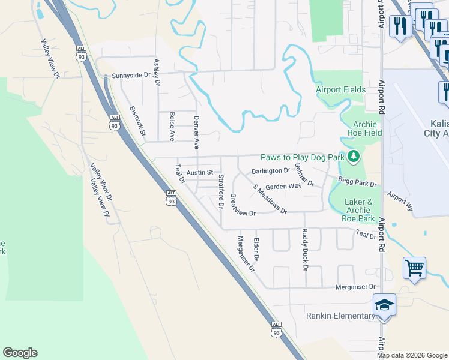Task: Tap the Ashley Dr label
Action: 157,72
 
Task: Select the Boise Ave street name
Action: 172,127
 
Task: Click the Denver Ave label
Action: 196,133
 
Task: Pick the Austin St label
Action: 200,173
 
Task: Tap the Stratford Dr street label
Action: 221,191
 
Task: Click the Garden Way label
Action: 283,187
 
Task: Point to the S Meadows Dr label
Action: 270,199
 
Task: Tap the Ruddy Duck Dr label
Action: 305,250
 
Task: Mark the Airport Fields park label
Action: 341,90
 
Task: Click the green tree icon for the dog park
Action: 354,157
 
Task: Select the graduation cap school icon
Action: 384,305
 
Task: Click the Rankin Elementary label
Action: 340,316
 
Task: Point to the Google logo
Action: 20,353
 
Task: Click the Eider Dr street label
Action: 256,249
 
